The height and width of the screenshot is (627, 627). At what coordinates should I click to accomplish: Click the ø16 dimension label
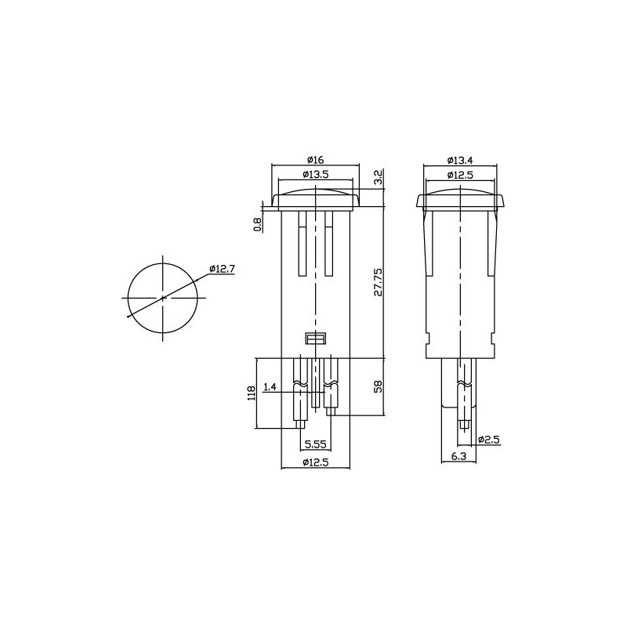click(315, 160)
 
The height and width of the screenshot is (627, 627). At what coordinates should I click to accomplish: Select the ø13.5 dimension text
click(316, 174)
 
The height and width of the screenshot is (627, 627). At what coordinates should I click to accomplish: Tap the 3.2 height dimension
click(379, 177)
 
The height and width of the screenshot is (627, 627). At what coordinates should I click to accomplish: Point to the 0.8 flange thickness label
click(259, 225)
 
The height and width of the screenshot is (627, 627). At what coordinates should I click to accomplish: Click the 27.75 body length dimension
click(378, 282)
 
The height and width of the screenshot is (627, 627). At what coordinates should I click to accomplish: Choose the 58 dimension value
click(378, 386)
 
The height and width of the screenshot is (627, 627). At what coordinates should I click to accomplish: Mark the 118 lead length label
click(251, 393)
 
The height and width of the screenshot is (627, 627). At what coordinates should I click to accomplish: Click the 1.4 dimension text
click(270, 386)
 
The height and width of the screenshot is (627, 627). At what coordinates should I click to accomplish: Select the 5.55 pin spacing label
click(316, 444)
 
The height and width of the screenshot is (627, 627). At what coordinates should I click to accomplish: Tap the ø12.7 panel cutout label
click(222, 269)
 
